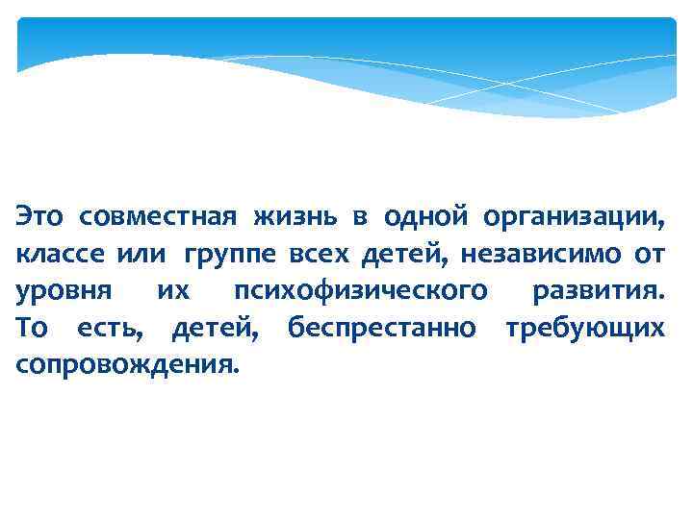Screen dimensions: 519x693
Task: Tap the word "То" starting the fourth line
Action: point(31,328)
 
